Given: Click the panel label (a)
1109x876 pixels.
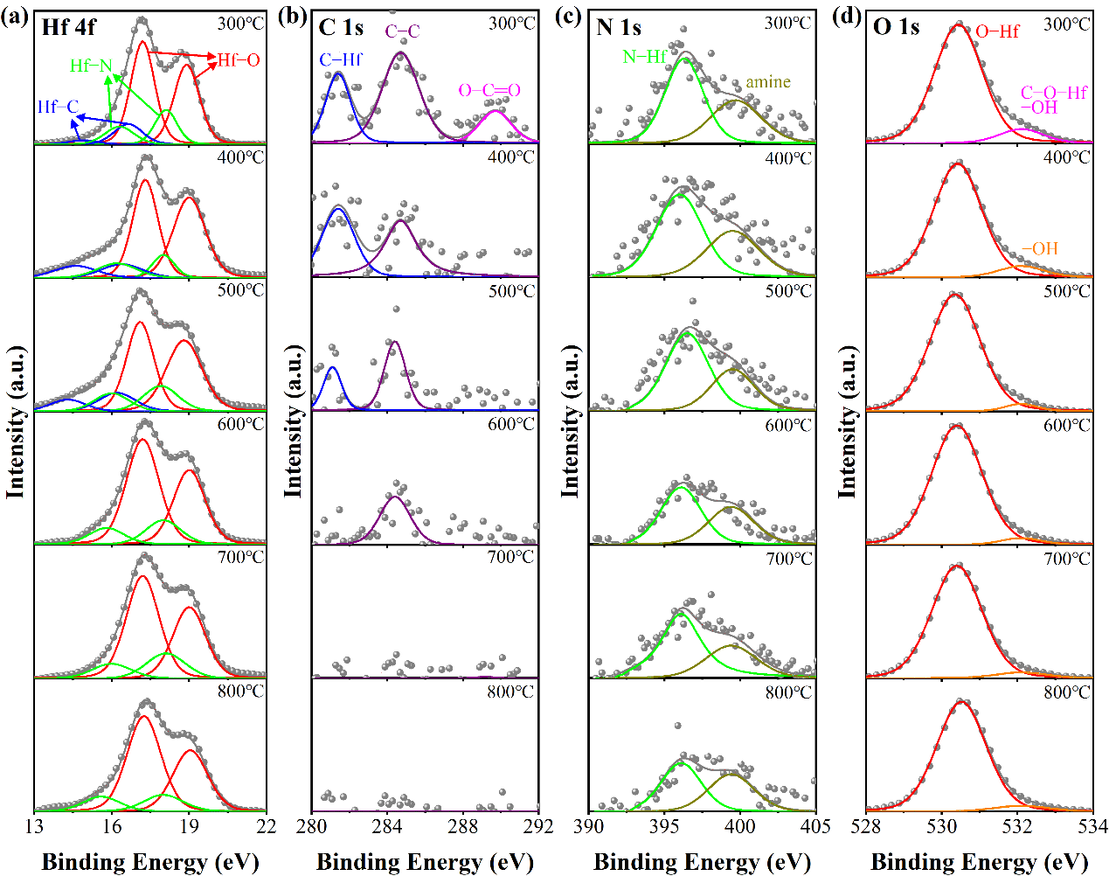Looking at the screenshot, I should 17,18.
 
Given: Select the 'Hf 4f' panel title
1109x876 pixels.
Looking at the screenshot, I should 69,27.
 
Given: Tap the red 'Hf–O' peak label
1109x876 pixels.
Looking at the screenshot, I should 239,60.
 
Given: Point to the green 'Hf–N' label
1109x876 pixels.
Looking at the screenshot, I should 91,66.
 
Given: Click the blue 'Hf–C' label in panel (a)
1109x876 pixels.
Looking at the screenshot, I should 58,108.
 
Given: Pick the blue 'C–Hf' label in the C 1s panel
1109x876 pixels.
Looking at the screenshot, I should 341,59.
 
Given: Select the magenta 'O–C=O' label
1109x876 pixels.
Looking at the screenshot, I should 489,91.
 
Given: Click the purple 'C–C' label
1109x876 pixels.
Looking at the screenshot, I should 403,31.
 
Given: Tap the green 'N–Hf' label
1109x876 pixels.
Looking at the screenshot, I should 645,58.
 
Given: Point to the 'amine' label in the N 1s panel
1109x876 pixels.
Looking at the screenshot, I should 767,82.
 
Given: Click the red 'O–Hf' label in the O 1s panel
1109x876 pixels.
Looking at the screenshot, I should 997,31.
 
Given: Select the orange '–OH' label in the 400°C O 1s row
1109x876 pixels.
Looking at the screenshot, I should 1039,249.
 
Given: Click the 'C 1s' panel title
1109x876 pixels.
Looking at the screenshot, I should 341,27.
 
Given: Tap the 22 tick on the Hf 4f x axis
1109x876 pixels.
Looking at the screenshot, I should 267,827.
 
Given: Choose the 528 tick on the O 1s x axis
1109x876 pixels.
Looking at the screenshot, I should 866,827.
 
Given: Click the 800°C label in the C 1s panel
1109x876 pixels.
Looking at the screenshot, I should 510,692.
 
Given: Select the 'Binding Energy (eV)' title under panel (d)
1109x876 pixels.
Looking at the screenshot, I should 980,862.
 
